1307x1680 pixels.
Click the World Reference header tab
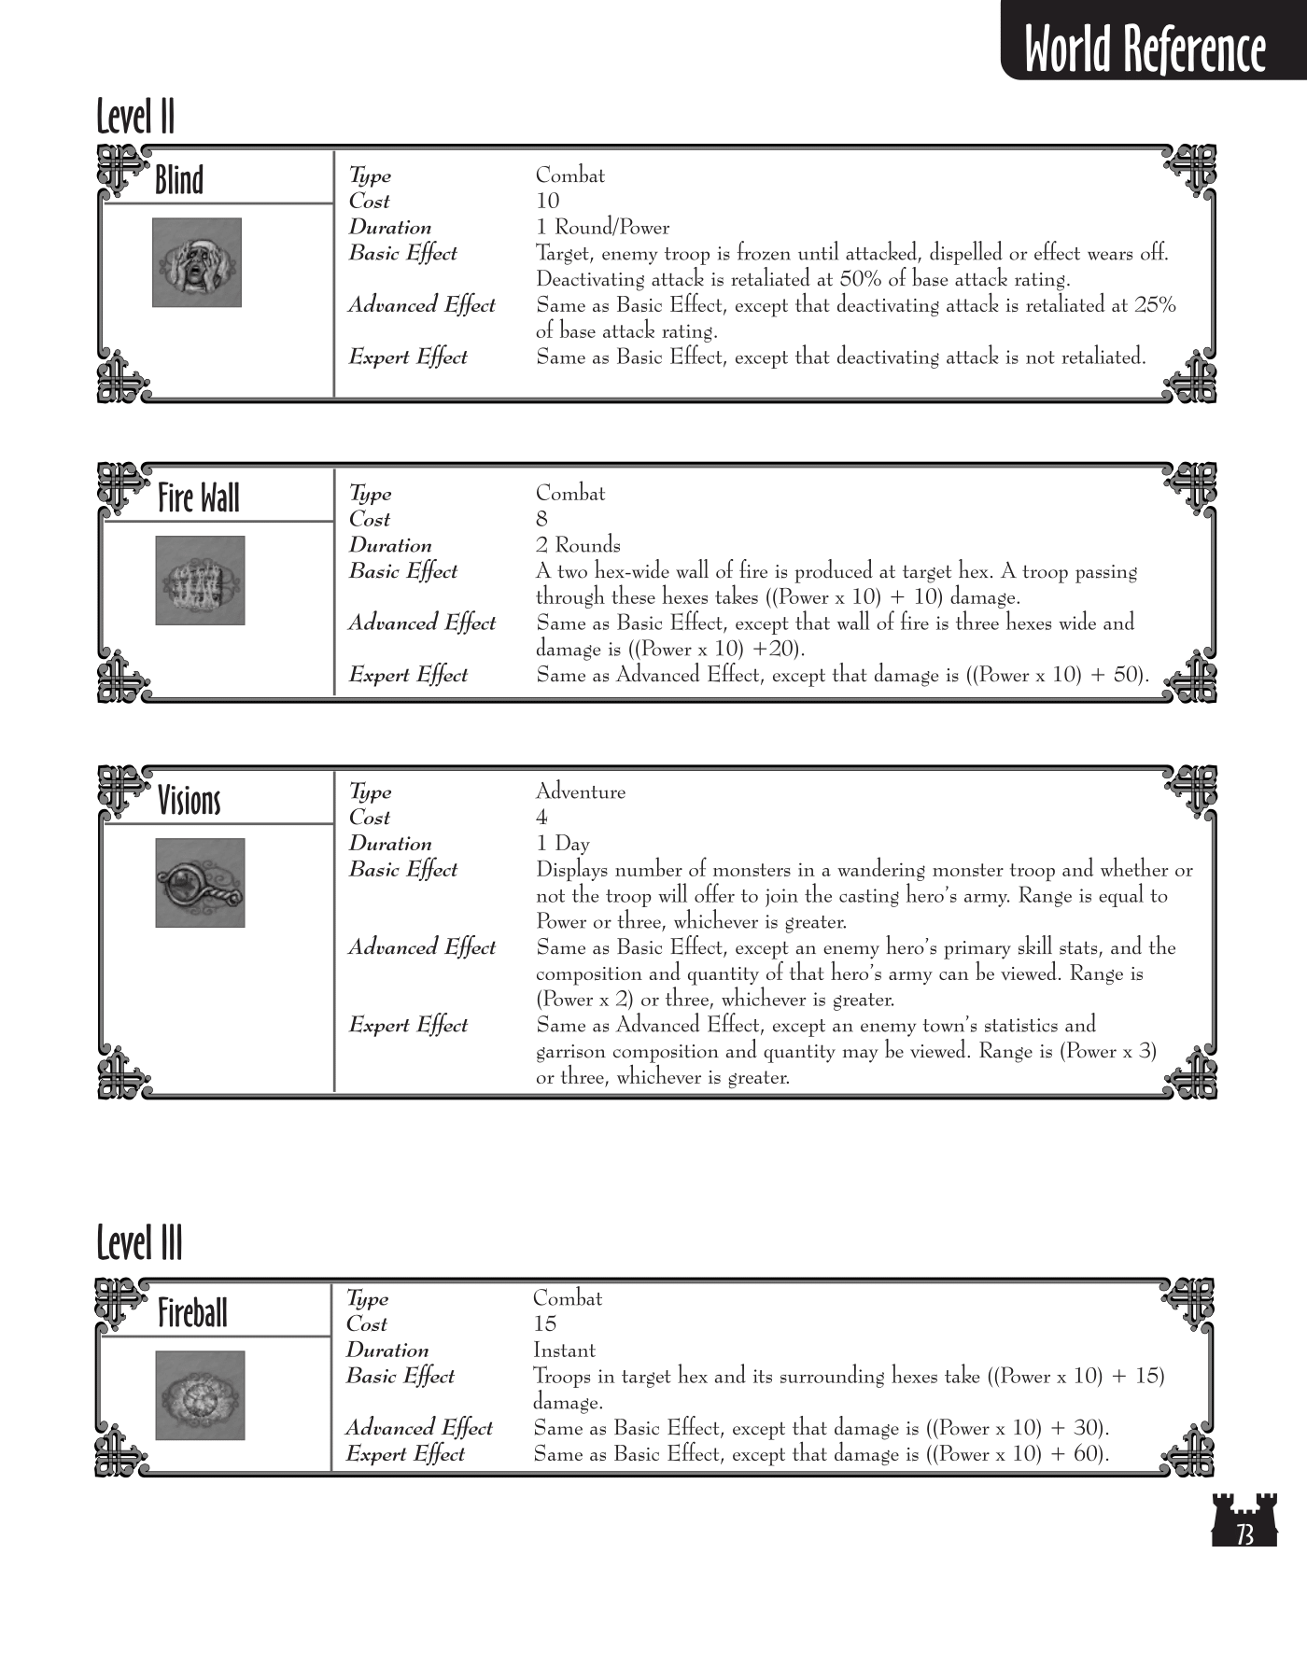(1145, 47)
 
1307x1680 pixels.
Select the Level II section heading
(136, 118)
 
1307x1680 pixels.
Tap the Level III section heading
(140, 1243)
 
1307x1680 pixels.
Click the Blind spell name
(179, 179)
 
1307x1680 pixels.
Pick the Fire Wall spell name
(198, 497)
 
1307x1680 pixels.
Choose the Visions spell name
(190, 800)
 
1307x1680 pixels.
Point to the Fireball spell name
(192, 1312)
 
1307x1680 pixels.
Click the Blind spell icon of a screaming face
(197, 262)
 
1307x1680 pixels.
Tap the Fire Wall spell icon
(200, 581)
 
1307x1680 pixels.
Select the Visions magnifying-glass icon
(200, 883)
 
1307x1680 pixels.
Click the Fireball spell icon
(200, 1395)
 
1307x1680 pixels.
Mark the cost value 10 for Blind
(547, 201)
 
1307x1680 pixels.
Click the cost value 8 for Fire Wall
(541, 519)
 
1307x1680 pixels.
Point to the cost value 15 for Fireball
(544, 1323)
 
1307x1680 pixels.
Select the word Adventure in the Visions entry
(580, 791)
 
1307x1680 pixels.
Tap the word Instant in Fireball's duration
(564, 1350)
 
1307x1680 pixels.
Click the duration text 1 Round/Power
(602, 227)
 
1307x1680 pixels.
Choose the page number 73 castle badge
(1244, 1519)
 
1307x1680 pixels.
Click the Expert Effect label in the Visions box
(408, 1025)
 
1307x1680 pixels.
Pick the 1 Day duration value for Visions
(562, 844)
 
